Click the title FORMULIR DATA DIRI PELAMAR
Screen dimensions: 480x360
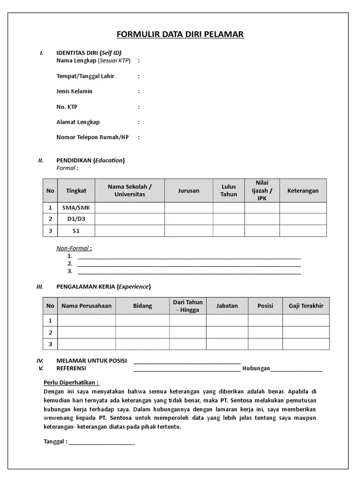point(180,34)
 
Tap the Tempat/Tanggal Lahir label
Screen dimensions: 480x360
point(85,76)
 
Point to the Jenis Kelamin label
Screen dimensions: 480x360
point(74,91)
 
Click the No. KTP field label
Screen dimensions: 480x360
point(67,107)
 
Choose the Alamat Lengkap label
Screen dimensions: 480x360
point(78,122)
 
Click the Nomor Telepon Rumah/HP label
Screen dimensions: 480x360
point(92,137)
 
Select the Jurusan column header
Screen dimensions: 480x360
point(188,191)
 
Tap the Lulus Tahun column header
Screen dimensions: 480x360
point(229,191)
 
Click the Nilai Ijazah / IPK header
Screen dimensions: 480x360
point(262,191)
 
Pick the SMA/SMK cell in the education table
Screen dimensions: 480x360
point(76,208)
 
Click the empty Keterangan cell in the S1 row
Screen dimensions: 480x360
point(303,231)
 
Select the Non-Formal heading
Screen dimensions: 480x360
point(74,248)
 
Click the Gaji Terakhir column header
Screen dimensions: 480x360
point(306,306)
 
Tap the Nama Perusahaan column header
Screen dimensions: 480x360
point(86,306)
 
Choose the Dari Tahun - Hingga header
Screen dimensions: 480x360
point(187,306)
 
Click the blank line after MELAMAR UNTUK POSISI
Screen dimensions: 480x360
point(187,361)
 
